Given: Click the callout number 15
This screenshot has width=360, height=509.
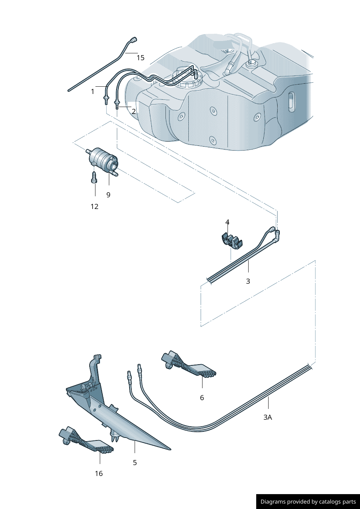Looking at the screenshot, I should (140, 58).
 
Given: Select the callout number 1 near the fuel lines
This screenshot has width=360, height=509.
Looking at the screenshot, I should (93, 91).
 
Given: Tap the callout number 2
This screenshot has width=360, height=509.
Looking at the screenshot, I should (134, 111).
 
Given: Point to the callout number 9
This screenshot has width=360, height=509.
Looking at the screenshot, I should (108, 195).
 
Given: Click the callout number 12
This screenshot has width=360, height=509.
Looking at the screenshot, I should (94, 206).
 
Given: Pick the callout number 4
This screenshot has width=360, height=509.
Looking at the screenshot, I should (227, 222).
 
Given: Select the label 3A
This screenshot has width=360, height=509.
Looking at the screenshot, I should (267, 417).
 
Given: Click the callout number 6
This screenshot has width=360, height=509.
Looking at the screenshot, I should (202, 398).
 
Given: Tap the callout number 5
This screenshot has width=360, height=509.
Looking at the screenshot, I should (135, 463).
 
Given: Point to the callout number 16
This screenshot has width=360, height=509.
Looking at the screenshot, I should (99, 473).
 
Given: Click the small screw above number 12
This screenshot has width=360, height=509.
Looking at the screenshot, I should (94, 178).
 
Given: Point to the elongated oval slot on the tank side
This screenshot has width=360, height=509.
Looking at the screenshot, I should (291, 102).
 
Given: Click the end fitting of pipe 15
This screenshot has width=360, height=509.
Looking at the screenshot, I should (134, 40).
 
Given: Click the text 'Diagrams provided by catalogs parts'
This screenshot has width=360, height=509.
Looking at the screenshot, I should (308, 502).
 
